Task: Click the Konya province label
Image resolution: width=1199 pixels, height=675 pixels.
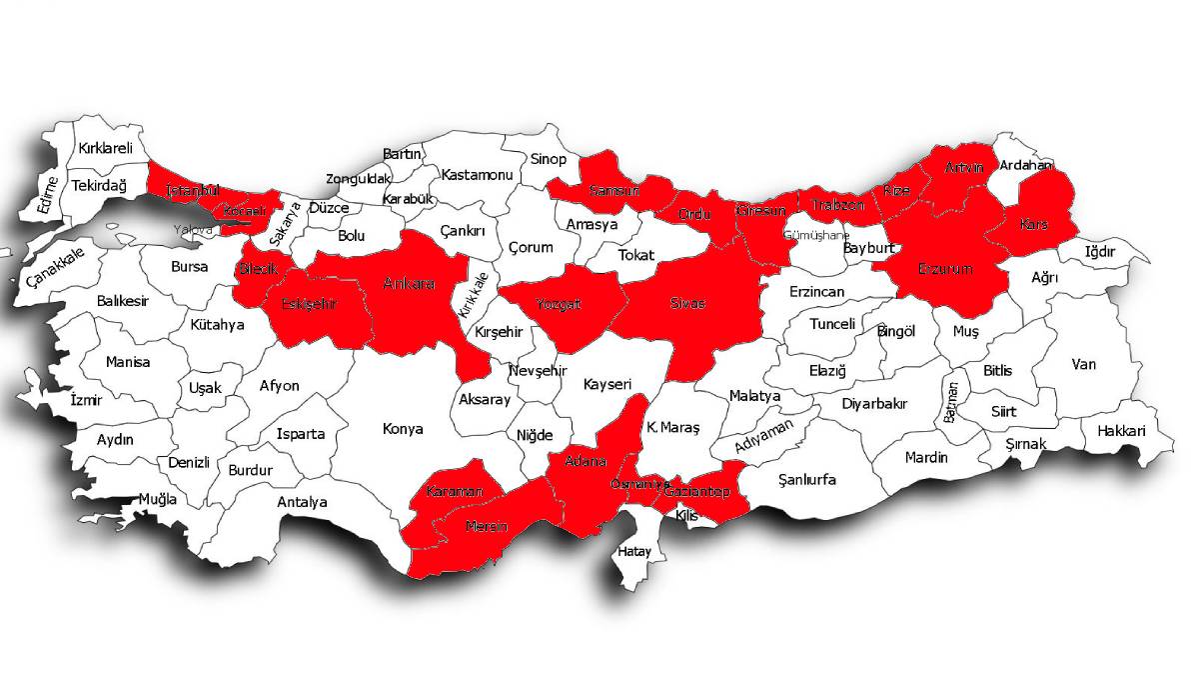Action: [x=403, y=429]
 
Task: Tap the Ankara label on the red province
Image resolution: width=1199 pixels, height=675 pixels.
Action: [x=410, y=284]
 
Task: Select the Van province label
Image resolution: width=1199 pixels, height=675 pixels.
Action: [x=1083, y=364]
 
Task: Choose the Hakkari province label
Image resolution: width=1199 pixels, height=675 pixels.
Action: [x=1120, y=431]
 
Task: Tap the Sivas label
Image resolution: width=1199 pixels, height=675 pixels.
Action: [x=688, y=303]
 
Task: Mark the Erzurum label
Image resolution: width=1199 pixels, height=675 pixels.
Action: [x=945, y=269]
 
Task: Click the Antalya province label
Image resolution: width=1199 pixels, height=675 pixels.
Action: [x=302, y=502]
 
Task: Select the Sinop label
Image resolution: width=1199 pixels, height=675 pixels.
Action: [x=548, y=159]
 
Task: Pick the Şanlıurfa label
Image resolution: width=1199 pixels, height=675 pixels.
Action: [x=807, y=480]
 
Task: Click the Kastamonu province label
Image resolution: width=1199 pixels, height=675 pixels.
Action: [x=478, y=175]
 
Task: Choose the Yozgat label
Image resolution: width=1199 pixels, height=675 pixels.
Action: [x=558, y=304]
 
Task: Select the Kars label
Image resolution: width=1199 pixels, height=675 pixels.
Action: [x=1033, y=225]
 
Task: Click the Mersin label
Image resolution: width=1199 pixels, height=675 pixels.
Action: [x=486, y=527]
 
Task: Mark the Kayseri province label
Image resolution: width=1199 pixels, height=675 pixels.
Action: [x=607, y=384]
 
